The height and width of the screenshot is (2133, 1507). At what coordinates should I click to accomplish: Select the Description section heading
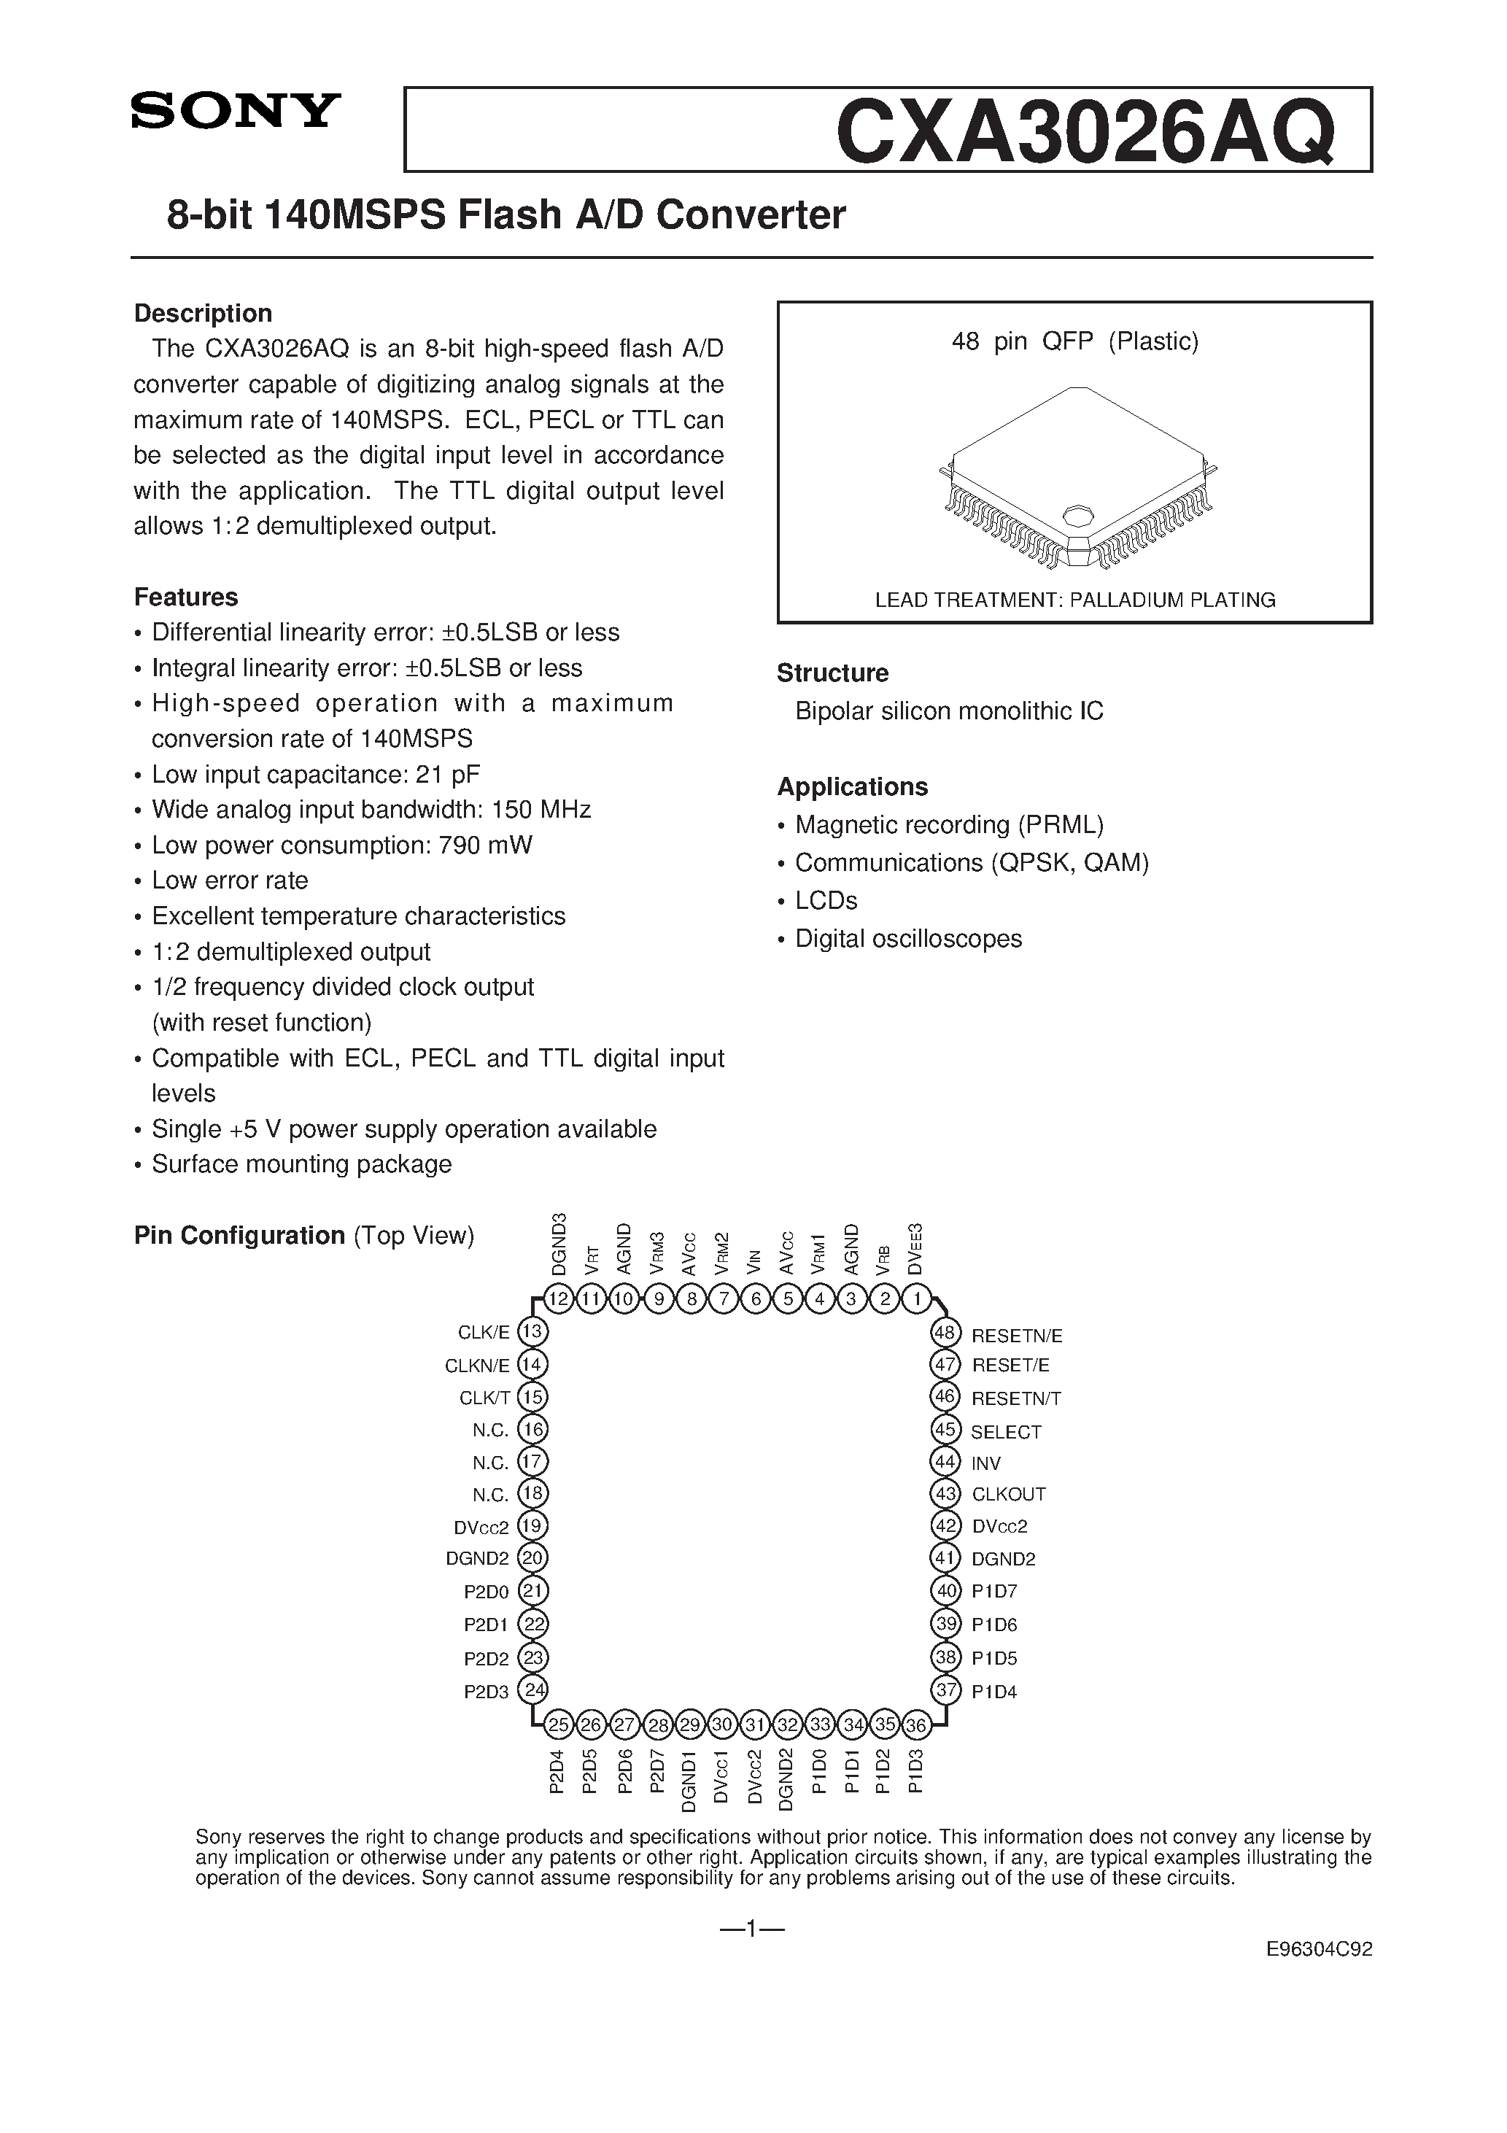coord(203,313)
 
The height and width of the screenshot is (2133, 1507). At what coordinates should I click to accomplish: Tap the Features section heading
coord(186,597)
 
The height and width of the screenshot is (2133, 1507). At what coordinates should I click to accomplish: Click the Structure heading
coord(832,673)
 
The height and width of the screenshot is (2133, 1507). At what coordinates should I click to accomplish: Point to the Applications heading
coord(852,787)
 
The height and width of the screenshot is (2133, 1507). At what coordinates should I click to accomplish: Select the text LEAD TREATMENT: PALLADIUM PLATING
coord(1075,600)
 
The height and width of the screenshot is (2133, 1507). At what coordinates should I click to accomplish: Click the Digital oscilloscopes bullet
coord(907,938)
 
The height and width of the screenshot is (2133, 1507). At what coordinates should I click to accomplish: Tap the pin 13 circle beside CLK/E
coord(532,1332)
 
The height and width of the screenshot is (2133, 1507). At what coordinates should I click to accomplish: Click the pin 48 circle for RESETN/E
coord(945,1334)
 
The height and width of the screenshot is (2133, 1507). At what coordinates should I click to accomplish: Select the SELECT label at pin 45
coord(1006,1431)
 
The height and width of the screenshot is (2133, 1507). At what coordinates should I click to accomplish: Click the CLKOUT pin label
coord(1009,1495)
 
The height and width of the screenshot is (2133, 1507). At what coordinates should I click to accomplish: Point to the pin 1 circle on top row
coord(917,1298)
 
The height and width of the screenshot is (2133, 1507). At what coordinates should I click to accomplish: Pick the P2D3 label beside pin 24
coord(486,1692)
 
